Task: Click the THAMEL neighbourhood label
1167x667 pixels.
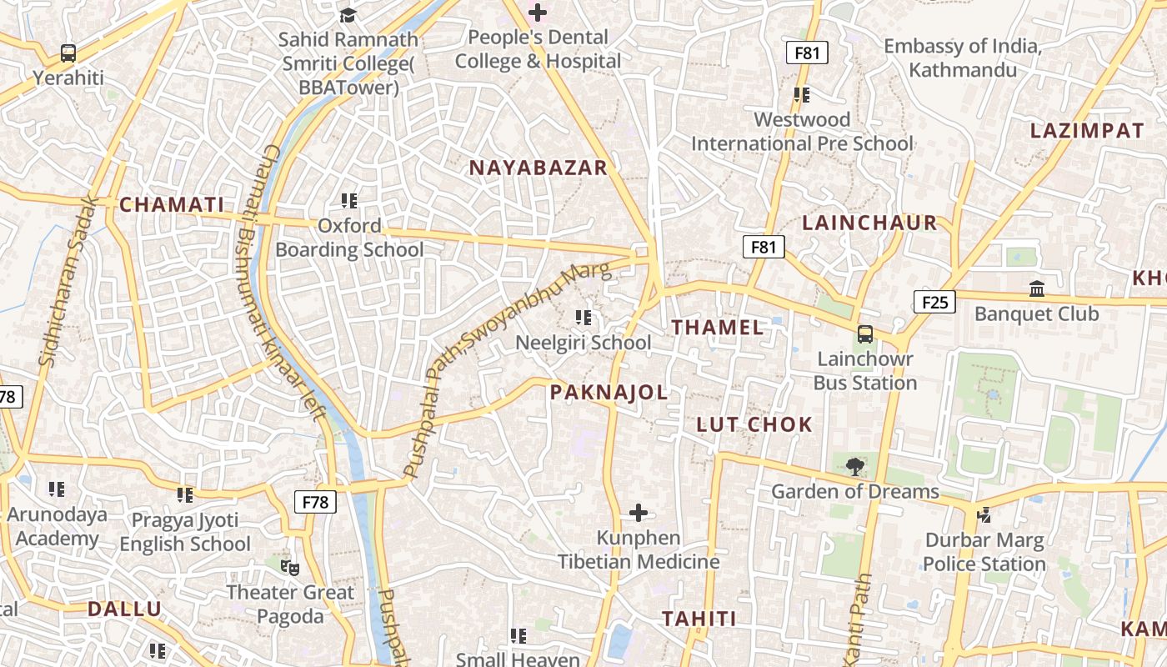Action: pos(718,328)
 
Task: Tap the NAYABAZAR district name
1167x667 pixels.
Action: pos(538,168)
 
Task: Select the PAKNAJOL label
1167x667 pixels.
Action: pos(609,392)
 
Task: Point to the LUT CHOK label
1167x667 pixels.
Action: pos(754,424)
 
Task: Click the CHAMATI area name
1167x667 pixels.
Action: pos(172,204)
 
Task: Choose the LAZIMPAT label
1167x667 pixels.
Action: pos(1087,131)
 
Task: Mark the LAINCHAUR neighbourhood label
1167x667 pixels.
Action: pos(869,223)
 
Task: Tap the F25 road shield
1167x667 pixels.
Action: pos(934,302)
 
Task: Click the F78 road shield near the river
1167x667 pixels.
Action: pos(315,502)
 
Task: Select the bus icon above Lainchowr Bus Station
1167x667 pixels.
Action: pos(865,334)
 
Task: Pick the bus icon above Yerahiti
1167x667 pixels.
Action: pos(68,53)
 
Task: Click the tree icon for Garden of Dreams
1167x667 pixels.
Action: pos(854,467)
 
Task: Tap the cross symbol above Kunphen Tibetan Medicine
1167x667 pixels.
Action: pos(639,512)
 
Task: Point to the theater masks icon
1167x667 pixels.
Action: pos(290,567)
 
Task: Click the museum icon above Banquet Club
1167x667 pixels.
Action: pos(1037,289)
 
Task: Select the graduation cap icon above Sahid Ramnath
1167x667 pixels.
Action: pos(348,15)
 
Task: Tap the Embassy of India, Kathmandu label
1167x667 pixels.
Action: pos(963,58)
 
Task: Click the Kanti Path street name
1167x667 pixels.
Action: pos(859,617)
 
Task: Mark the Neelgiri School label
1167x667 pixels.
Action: pos(583,343)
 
